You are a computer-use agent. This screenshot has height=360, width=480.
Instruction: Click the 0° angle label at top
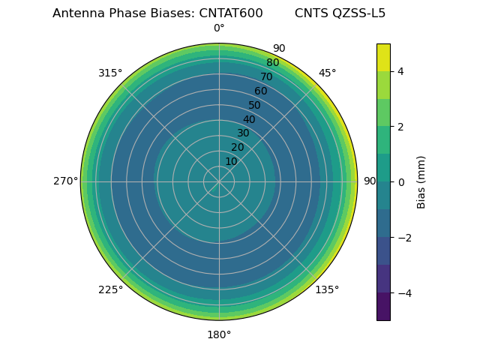click(219, 28)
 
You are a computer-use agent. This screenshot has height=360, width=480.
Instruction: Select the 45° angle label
click(327, 73)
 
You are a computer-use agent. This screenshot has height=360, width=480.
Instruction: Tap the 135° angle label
click(327, 289)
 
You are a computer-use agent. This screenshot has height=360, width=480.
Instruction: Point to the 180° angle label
click(219, 334)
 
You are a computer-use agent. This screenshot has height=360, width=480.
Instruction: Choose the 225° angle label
click(110, 289)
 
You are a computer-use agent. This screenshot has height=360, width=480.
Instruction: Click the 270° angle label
click(65, 181)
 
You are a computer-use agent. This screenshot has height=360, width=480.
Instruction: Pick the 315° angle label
click(110, 73)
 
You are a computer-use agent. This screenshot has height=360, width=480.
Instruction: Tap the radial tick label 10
click(231, 161)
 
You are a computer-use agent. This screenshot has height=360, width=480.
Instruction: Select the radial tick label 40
click(249, 119)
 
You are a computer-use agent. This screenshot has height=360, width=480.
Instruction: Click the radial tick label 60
click(260, 91)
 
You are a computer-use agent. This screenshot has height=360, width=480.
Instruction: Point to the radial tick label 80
click(272, 63)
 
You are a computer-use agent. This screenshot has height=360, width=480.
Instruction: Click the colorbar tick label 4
click(400, 71)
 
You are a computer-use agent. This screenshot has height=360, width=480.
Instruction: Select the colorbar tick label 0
click(400, 181)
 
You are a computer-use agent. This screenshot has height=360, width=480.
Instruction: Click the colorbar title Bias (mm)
click(421, 181)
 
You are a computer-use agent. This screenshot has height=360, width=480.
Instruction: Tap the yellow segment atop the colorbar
click(383, 57)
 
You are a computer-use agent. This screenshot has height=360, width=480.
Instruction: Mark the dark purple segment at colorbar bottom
click(383, 306)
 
